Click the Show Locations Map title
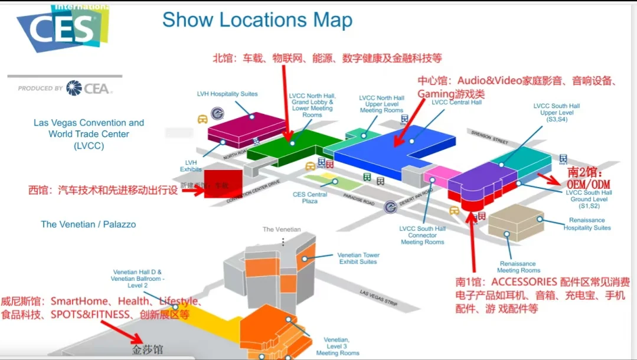[257, 20]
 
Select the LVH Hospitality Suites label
[227, 94]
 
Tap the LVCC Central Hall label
[456, 102]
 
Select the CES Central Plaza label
[310, 198]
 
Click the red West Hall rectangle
[223, 184]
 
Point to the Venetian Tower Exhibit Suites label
[358, 258]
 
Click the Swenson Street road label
[489, 138]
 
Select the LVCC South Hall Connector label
[423, 235]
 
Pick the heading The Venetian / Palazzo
[88, 224]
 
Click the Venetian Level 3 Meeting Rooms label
[337, 346]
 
